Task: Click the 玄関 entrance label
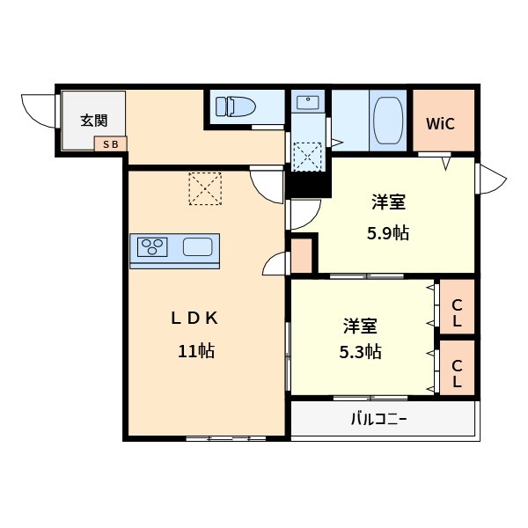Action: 94,121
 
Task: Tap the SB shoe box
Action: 110,143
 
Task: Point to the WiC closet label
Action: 440,123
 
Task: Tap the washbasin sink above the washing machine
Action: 307,104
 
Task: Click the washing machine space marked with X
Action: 308,157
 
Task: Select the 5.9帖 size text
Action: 387,234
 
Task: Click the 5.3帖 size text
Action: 361,352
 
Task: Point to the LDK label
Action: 194,319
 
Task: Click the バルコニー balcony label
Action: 379,420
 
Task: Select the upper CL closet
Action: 457,313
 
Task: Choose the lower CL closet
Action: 457,373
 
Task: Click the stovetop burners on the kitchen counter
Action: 153,247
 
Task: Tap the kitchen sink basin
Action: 196,247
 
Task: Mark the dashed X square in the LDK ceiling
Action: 205,188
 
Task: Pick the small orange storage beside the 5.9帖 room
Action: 302,254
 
